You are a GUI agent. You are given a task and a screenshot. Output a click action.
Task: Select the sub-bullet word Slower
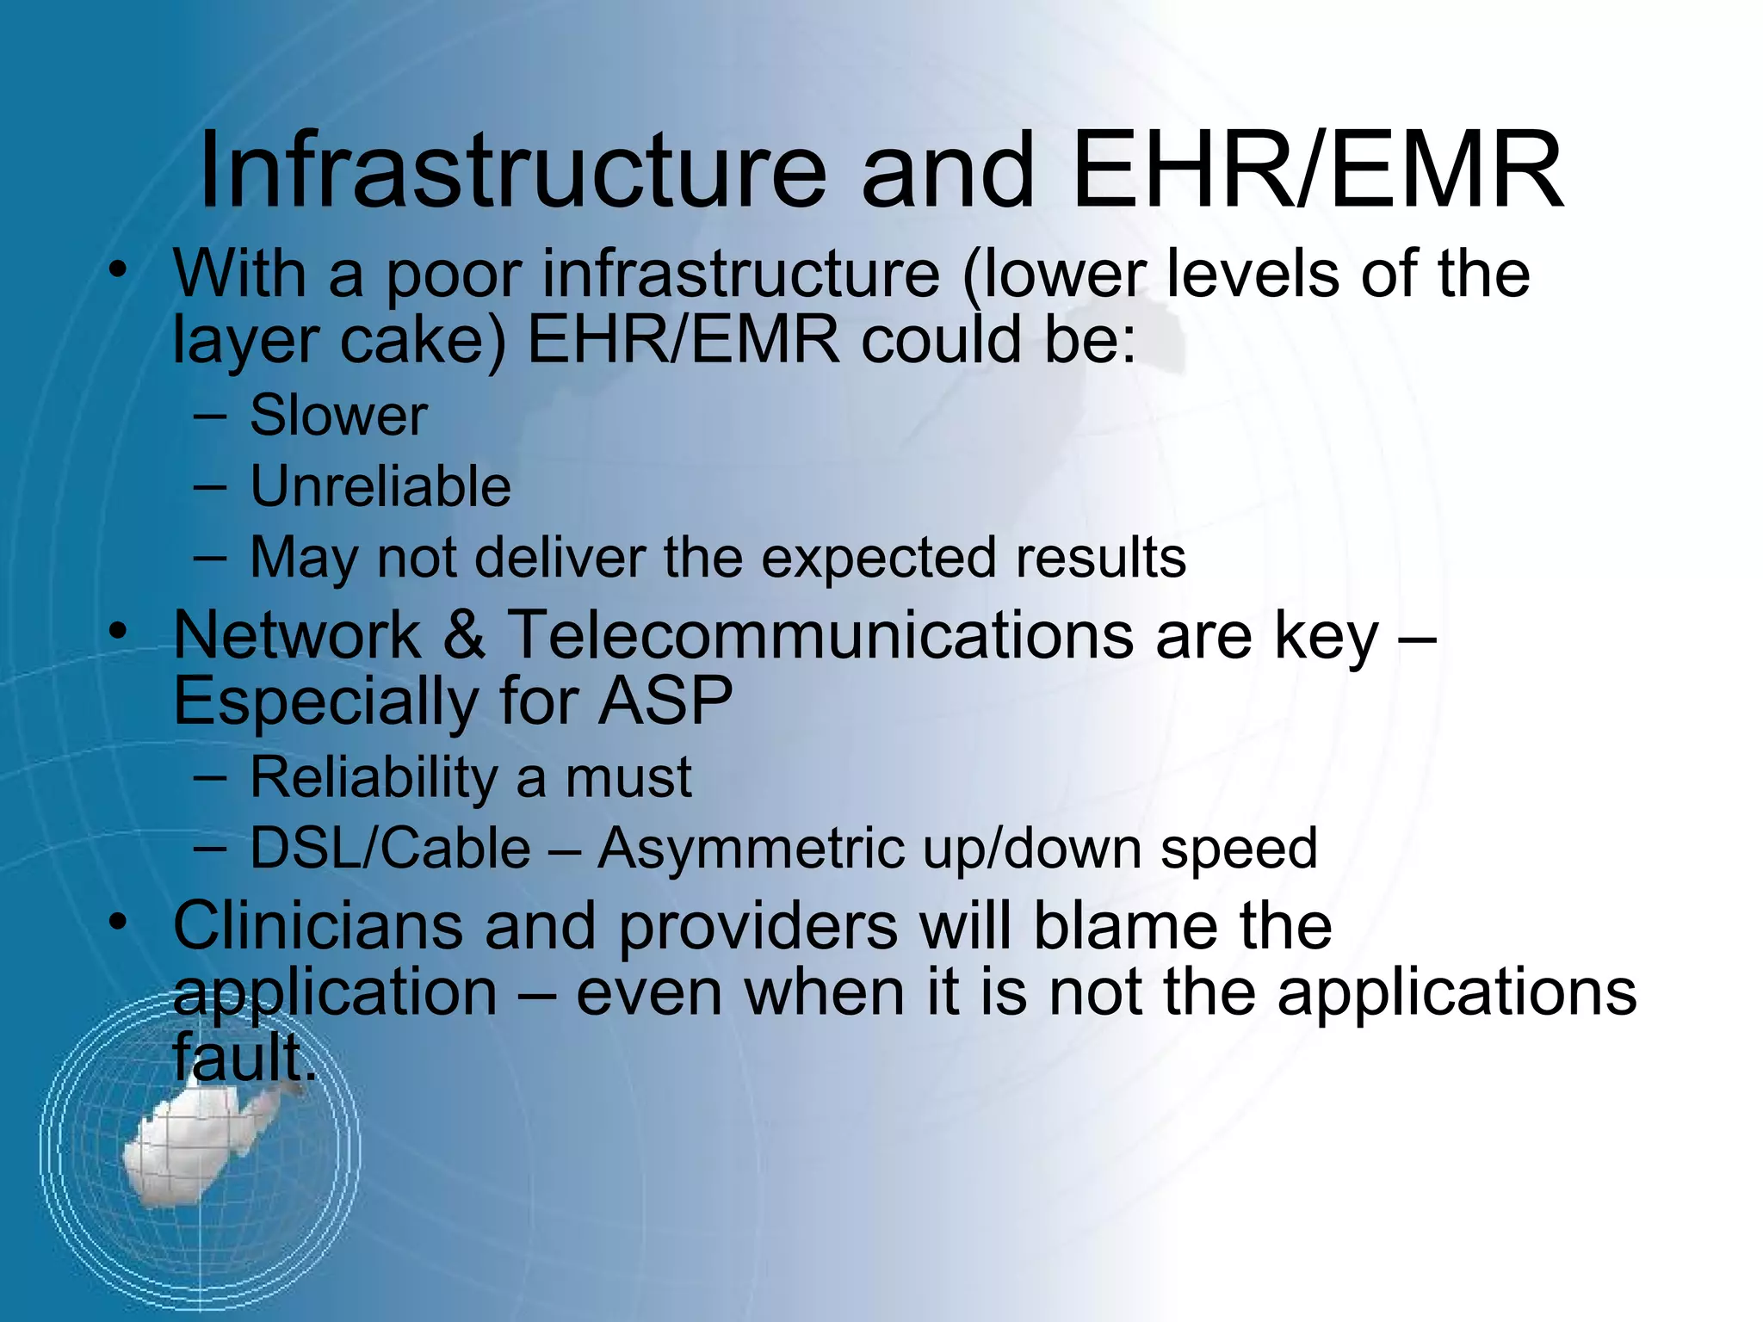(338, 416)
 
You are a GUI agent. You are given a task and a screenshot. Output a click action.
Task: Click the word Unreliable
(380, 486)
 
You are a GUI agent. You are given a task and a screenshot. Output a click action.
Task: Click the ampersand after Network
(465, 634)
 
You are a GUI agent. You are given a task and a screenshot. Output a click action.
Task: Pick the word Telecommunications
(820, 634)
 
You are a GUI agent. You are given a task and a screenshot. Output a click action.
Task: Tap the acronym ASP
(665, 701)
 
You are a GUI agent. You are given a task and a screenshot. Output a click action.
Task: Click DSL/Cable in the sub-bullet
(390, 849)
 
